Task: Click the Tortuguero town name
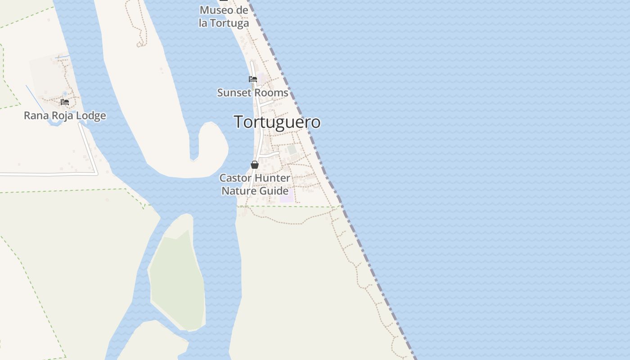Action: (277, 122)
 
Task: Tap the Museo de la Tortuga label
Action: (224, 17)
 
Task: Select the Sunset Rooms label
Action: (252, 93)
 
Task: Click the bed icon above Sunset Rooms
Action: (253, 79)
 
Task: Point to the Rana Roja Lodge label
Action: (65, 116)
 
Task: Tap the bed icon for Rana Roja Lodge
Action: (65, 102)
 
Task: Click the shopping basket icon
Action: (255, 165)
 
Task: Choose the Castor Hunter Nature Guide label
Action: (255, 184)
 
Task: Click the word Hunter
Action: (273, 178)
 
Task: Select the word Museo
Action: (217, 10)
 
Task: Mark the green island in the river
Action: (177, 279)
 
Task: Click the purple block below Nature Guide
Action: (285, 198)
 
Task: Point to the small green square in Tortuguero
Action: (292, 149)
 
